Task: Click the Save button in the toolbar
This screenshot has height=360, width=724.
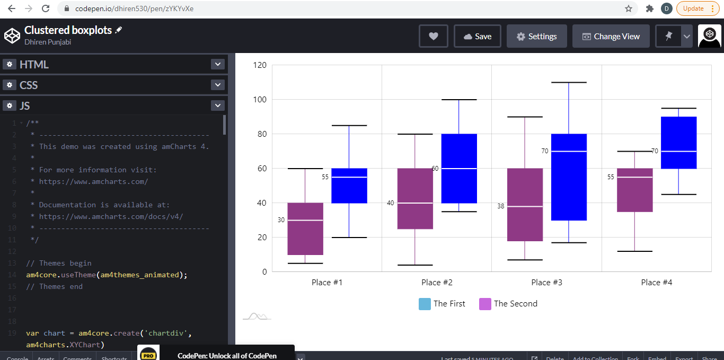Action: click(x=477, y=37)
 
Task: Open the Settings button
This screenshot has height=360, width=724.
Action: click(x=536, y=37)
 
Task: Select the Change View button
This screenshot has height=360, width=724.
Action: click(x=611, y=37)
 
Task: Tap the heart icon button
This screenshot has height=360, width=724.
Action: click(x=434, y=37)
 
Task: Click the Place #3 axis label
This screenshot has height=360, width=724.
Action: click(x=546, y=283)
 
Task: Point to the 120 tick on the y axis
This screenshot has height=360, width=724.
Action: click(x=260, y=65)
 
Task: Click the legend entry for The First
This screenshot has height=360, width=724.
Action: click(x=442, y=304)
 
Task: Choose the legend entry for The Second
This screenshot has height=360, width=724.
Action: click(x=508, y=304)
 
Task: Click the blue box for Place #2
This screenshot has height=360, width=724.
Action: click(x=459, y=168)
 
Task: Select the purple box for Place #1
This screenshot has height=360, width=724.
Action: click(x=305, y=229)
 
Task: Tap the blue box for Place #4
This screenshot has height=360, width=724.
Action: click(x=678, y=143)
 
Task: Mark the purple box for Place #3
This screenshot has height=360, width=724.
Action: click(x=525, y=205)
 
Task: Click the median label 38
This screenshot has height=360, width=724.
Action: click(x=501, y=206)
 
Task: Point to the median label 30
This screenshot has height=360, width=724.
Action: click(x=281, y=220)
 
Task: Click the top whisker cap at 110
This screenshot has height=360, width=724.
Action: click(x=569, y=83)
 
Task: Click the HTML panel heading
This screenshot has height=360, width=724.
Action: click(x=34, y=65)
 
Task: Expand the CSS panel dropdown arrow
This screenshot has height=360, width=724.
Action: click(x=218, y=85)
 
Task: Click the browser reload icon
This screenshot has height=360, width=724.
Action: click(x=46, y=8)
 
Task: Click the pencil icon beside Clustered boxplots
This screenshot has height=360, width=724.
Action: click(x=118, y=30)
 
